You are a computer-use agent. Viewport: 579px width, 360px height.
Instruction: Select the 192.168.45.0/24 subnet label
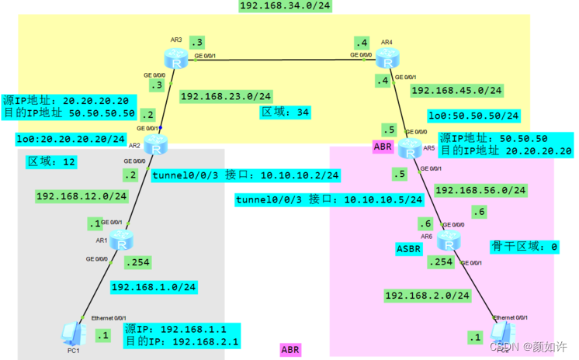tap(456, 91)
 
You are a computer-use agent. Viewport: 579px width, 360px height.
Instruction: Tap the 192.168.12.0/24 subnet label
tap(81, 196)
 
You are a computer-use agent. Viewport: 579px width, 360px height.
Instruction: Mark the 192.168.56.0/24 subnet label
tap(481, 189)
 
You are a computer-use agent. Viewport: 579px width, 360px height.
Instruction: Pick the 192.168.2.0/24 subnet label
tap(427, 296)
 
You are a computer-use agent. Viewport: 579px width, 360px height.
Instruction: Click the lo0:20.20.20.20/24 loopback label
tap(71, 139)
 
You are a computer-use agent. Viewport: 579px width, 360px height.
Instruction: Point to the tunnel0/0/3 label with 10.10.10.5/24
tap(329, 200)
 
